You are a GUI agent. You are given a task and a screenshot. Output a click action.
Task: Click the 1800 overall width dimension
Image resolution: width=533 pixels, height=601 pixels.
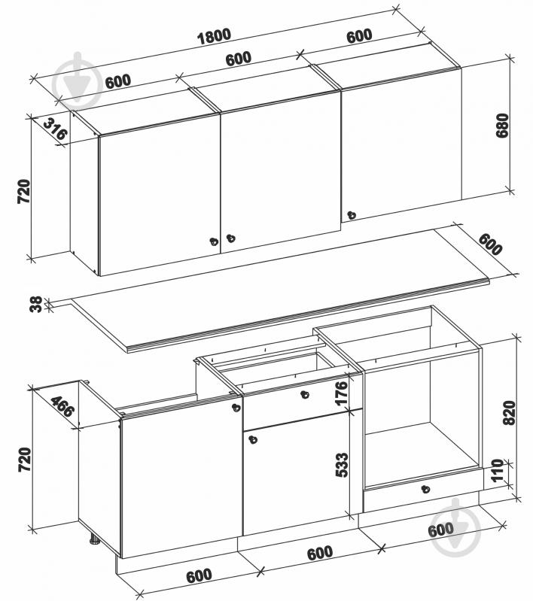tap(214, 36)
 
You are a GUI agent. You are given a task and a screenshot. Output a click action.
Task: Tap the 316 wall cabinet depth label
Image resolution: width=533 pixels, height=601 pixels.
tap(55, 129)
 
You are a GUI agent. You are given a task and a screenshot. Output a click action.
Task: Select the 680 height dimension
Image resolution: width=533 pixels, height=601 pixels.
tap(502, 125)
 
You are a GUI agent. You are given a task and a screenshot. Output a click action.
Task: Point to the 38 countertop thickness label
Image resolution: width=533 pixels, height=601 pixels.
tap(35, 305)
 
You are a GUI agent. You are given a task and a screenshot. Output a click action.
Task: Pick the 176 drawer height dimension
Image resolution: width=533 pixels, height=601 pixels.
tap(341, 392)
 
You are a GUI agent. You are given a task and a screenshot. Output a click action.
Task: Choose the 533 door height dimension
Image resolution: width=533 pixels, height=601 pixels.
tap(342, 465)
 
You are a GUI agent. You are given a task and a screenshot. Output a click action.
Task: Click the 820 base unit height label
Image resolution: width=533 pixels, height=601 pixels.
tap(509, 412)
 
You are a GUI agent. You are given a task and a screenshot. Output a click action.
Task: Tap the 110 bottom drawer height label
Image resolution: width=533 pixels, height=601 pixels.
tap(497, 470)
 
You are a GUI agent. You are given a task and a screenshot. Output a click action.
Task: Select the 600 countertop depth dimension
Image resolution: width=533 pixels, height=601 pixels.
tap(490, 244)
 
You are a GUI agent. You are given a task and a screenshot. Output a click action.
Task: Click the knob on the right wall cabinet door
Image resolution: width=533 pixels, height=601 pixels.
tap(351, 215)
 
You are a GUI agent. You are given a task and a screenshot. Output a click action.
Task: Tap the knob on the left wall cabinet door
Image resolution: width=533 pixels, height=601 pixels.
tap(214, 242)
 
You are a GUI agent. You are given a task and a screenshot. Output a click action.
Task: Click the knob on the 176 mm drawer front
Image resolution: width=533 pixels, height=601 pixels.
tap(305, 394)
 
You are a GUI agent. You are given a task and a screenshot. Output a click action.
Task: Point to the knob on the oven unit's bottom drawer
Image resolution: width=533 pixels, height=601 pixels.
tap(425, 489)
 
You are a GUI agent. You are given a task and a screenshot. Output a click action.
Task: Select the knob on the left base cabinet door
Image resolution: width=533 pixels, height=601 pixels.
tap(236, 408)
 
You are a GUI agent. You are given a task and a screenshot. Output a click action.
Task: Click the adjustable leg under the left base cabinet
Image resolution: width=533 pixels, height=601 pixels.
tap(94, 539)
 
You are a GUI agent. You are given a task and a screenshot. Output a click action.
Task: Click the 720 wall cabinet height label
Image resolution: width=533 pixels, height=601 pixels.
tap(24, 191)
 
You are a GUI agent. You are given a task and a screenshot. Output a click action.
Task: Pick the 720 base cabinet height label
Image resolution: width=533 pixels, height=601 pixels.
tap(24, 460)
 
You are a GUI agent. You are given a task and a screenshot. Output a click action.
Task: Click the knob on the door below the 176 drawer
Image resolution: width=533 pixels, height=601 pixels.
tap(252, 439)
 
